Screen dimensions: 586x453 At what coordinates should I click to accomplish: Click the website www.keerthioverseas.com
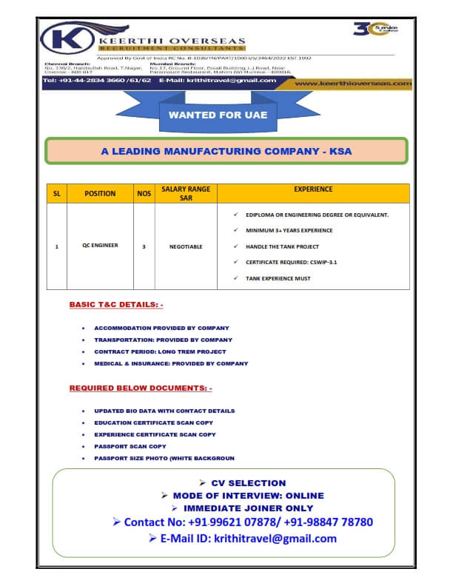(352, 84)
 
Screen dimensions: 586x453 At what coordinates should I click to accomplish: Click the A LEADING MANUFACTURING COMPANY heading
(226, 151)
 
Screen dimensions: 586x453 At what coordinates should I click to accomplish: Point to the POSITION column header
(100, 193)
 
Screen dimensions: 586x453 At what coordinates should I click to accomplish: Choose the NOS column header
(144, 193)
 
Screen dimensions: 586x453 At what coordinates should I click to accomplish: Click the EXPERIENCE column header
(313, 189)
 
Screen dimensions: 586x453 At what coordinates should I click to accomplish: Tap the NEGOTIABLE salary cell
(186, 246)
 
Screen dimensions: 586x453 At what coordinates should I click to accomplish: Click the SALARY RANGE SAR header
(186, 193)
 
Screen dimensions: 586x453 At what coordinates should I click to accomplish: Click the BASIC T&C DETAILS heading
(116, 304)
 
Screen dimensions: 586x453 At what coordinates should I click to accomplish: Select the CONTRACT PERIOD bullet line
(160, 351)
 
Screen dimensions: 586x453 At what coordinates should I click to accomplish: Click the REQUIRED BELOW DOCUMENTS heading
(141, 388)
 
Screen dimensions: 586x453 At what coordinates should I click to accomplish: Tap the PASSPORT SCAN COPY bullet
(130, 446)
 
